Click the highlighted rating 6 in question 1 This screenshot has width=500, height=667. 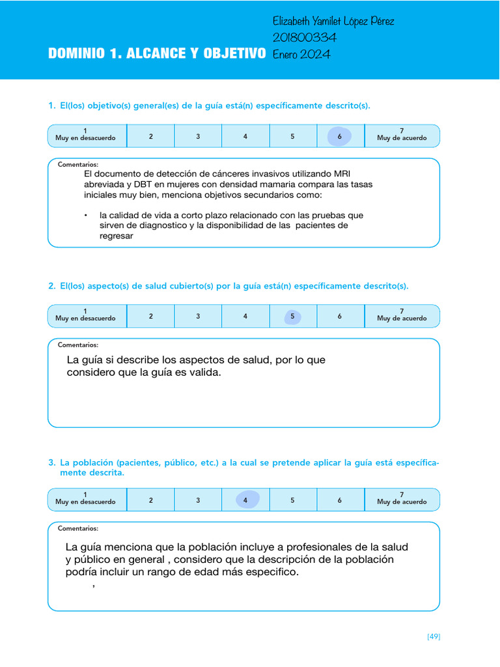coord(339,136)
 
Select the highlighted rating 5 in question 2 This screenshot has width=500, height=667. coord(292,317)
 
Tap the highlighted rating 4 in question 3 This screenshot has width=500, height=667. coord(245,500)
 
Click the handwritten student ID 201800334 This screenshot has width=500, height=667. coord(304,38)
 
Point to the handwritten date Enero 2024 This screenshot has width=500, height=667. coord(301,54)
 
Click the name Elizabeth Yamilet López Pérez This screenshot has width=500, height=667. coord(333,21)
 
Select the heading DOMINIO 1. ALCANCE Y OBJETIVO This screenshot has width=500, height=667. coord(156,54)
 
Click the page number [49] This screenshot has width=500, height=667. coord(434,636)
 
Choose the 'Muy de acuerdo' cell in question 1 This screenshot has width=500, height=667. coord(402,136)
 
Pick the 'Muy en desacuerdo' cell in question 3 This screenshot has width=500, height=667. coord(85,500)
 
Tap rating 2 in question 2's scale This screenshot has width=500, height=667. coord(150,317)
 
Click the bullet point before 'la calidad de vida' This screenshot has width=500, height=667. coord(85,215)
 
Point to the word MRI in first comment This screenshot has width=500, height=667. coord(342,174)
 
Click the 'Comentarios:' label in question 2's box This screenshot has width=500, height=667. coord(78,345)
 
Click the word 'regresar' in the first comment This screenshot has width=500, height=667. coord(116,236)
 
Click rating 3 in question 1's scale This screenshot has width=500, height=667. coord(198,136)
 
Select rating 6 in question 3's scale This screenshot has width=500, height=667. coord(339,500)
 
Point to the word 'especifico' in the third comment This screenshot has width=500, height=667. coord(271,572)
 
